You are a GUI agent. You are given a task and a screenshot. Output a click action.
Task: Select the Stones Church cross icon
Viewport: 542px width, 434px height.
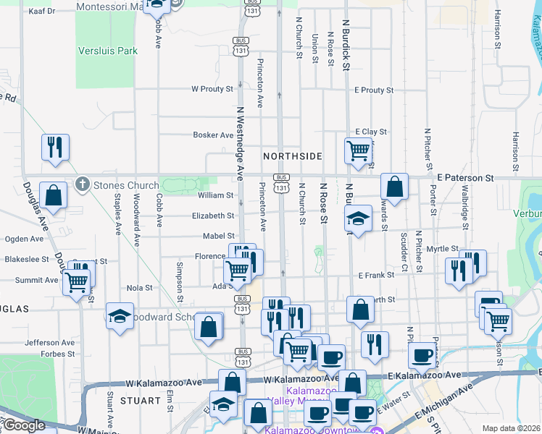83,185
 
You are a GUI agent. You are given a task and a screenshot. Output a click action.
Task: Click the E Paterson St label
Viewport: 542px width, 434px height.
465,177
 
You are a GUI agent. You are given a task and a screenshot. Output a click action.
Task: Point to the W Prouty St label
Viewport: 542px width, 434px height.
212,89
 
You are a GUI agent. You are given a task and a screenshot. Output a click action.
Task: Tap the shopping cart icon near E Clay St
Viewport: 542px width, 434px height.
358,150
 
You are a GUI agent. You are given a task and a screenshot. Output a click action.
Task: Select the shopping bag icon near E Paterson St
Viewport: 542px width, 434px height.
394,186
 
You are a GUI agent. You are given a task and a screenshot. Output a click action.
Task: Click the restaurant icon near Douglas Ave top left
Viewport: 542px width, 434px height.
56,147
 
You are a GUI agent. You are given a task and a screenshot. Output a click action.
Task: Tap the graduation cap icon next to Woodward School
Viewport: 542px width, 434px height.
120,315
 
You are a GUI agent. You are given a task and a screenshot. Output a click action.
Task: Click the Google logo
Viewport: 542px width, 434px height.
23,425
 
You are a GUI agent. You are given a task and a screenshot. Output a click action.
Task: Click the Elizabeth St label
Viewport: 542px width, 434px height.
213,216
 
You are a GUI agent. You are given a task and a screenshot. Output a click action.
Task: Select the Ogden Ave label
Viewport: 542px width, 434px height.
24,239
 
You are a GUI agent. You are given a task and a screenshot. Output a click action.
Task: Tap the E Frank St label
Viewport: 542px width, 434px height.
375,275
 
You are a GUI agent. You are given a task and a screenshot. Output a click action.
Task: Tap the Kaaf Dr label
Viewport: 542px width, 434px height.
41,12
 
